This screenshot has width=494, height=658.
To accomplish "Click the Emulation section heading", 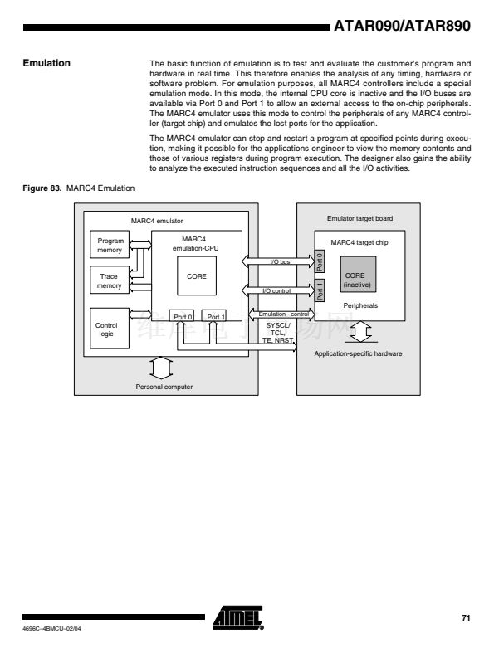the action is (46, 63).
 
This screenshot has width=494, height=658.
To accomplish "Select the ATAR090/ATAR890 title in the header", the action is (402, 26).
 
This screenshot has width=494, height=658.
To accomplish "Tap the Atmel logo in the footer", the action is (237, 617).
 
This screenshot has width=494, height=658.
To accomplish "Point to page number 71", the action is (466, 617).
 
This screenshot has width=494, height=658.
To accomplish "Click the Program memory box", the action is (110, 245).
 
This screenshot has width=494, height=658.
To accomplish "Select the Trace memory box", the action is (110, 280).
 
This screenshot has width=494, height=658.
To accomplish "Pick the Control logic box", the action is (110, 328).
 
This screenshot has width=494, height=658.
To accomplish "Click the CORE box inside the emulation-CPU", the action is (197, 276).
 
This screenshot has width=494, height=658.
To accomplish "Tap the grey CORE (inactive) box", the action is (358, 275).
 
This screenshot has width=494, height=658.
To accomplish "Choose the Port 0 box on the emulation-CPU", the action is (182, 316).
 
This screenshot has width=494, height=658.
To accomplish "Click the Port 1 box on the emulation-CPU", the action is (214, 316).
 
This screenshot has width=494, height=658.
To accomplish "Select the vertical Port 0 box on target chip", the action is (320, 261).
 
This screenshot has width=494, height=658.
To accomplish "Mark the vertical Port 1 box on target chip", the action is (320, 290).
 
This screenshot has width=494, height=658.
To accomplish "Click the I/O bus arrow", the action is (278, 261).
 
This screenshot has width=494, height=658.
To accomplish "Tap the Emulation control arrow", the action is (281, 314).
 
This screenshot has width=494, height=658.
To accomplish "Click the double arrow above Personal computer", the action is (161, 368).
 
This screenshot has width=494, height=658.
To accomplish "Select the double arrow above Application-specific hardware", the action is (361, 332).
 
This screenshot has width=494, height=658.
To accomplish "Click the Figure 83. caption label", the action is (42, 188).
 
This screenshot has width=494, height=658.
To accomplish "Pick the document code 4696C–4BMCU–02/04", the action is (51, 629).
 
